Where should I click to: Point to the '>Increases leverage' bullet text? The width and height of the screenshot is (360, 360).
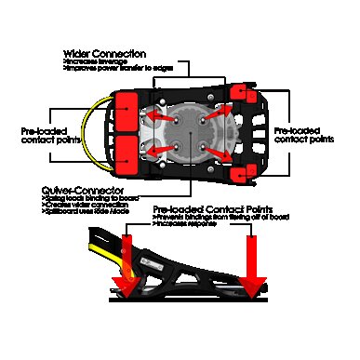pos(96,61)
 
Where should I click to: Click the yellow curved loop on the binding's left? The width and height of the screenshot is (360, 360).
pos(91,130)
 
